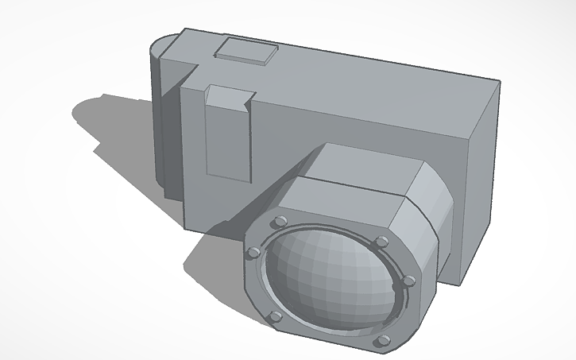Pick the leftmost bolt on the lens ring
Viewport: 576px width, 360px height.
(253, 252)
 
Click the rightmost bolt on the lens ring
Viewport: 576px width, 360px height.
(409, 281)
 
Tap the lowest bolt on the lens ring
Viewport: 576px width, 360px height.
(383, 341)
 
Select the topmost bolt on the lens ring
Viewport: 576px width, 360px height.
(280, 221)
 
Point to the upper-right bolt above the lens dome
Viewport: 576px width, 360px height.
(382, 241)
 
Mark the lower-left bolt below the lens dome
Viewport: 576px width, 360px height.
(275, 318)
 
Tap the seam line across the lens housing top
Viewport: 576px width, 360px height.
(350, 185)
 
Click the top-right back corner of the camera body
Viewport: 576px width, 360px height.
(500, 80)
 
